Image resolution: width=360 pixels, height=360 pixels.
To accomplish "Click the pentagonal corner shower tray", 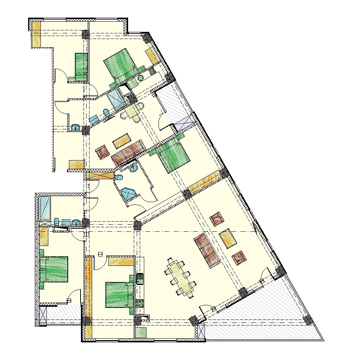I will (128, 193).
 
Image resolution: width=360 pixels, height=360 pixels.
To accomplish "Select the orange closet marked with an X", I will (100, 175).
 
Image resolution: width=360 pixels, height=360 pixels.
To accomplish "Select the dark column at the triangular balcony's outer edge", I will (308, 320).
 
